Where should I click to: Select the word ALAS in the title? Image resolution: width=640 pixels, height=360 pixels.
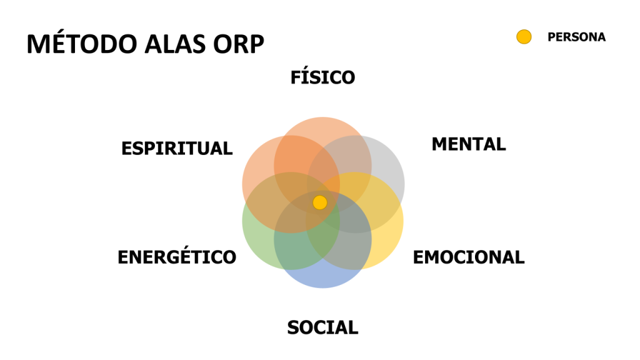pyautogui.click(x=163, y=44)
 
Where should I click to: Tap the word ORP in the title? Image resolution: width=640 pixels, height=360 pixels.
pyautogui.click(x=236, y=44)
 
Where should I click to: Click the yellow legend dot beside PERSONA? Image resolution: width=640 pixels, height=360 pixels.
pyautogui.click(x=524, y=37)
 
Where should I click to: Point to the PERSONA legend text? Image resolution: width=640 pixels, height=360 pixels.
pyautogui.click(x=576, y=37)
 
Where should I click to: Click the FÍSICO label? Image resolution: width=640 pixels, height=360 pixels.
pyautogui.click(x=322, y=77)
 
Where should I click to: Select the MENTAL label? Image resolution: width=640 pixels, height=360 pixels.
pyautogui.click(x=468, y=144)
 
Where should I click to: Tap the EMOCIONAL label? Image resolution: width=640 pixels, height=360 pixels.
pyautogui.click(x=469, y=257)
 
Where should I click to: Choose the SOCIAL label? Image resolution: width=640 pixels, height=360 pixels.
pyautogui.click(x=322, y=327)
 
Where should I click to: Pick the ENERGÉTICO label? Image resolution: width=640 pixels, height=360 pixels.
pyautogui.click(x=177, y=257)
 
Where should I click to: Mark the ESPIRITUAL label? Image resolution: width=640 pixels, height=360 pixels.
pyautogui.click(x=177, y=149)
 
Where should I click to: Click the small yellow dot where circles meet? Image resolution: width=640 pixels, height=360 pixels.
pyautogui.click(x=320, y=202)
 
